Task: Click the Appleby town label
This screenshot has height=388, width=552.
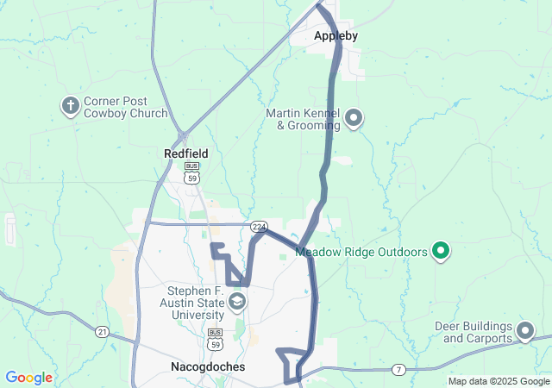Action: [x=336, y=36]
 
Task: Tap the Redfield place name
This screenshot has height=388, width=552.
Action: [x=185, y=153]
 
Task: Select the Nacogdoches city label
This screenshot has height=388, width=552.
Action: [x=203, y=366]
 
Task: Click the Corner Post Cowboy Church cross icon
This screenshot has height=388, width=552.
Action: [x=71, y=106]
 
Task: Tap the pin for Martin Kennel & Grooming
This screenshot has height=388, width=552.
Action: [x=354, y=118]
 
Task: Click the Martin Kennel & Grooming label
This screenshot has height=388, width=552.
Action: [x=303, y=119]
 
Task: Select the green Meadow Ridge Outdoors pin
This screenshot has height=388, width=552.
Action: [x=441, y=252]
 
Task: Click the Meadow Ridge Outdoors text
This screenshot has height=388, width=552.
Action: [x=361, y=253]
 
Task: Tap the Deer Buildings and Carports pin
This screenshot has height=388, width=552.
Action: [x=524, y=331]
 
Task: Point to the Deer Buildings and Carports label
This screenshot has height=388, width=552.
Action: [x=475, y=332]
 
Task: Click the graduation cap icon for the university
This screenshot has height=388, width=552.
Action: [x=235, y=302]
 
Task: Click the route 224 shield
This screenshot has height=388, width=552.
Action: [x=258, y=226]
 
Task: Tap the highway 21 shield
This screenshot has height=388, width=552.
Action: [x=102, y=332]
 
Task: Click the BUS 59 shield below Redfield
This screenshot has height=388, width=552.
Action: [x=191, y=172]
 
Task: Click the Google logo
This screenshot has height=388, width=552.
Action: [x=28, y=378]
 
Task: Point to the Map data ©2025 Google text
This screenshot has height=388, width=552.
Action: [x=499, y=381]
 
